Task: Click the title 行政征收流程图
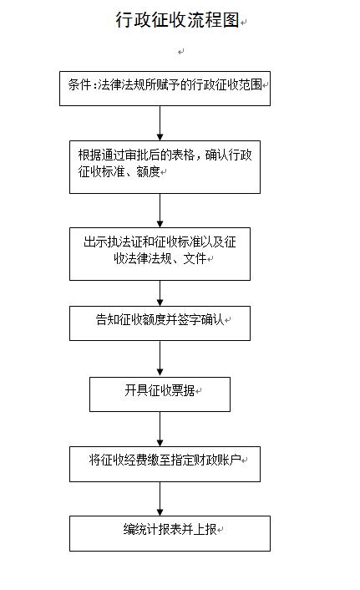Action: [x=177, y=19]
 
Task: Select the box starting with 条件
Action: [x=165, y=89]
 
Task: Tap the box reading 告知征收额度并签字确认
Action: [x=160, y=323]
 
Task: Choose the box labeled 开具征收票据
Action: [x=160, y=394]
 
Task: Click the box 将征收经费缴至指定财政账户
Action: [x=165, y=464]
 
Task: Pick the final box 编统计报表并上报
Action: [x=170, y=533]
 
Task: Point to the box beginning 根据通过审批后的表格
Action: [x=165, y=167]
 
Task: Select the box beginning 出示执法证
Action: [x=160, y=253]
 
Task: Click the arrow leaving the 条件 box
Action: [x=160, y=124]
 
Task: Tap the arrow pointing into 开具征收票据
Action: [x=160, y=359]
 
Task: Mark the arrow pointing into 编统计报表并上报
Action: [x=160, y=499]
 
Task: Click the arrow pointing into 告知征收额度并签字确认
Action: [x=160, y=293]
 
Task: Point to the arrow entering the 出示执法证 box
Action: [x=160, y=211]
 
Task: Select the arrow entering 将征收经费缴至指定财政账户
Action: [x=160, y=430]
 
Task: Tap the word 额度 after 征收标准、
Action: [x=148, y=171]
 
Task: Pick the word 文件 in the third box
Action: [x=195, y=258]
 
